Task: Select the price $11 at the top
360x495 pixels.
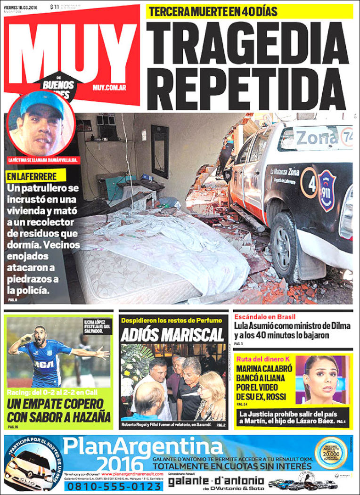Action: [54, 7]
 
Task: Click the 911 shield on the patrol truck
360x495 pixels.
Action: [327, 190]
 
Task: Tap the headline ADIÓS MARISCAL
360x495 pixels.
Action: [172, 335]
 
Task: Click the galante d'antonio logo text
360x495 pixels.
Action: [216, 481]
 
